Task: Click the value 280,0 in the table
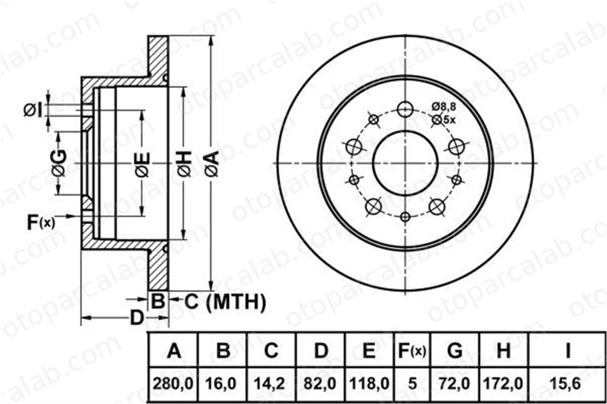point(173,383)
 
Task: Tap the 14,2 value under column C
point(271,383)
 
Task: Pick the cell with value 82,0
point(320,383)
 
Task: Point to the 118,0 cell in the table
point(369,383)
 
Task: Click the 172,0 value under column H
point(503,383)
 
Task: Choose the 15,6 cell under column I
point(568,383)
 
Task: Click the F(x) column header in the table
point(412,351)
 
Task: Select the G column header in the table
point(455,351)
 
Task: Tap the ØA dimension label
point(212,164)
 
